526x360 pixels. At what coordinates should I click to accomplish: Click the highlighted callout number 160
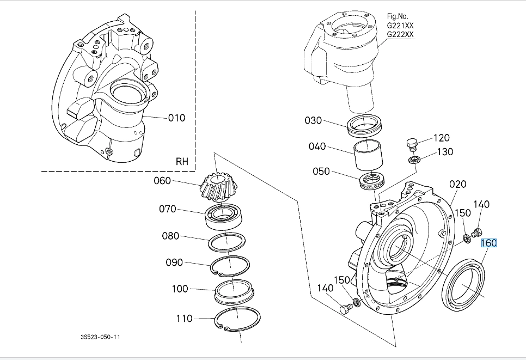(x=488, y=243)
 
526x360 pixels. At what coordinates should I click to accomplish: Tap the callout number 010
(x=176, y=118)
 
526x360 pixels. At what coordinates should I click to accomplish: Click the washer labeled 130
(x=414, y=159)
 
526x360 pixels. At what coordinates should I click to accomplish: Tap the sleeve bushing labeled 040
(x=368, y=156)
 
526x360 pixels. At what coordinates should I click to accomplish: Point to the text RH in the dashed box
(x=182, y=162)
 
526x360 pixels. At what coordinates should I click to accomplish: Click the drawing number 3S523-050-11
(x=100, y=337)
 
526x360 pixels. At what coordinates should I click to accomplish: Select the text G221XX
(x=400, y=26)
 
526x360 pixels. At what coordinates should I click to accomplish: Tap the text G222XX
(x=400, y=34)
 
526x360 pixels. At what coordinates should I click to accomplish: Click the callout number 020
(x=457, y=184)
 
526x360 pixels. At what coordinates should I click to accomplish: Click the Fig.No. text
(x=398, y=16)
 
